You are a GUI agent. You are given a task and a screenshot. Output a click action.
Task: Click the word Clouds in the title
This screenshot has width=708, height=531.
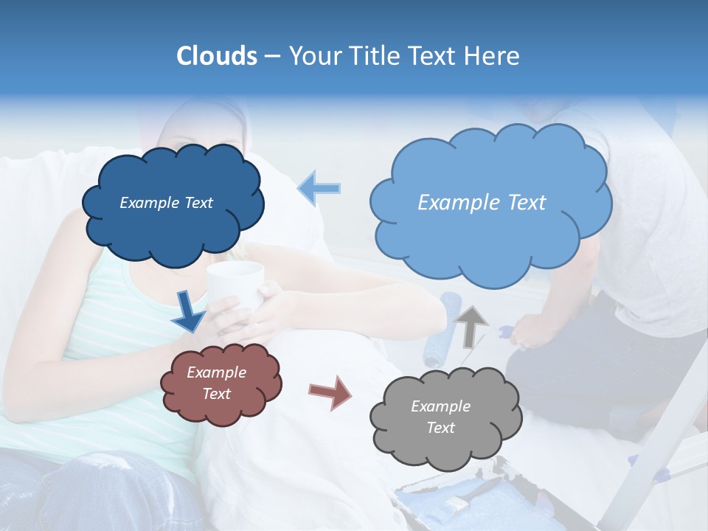pyautogui.click(x=217, y=56)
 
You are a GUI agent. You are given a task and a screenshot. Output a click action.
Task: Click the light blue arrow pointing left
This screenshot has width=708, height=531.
pyautogui.click(x=319, y=188)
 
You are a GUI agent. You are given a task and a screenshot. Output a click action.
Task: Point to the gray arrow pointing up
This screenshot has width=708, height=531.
pyautogui.click(x=471, y=325)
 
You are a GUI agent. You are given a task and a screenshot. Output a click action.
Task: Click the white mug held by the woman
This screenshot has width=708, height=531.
pyautogui.click(x=235, y=283)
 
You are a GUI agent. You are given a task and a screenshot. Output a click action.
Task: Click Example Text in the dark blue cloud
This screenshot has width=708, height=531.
pyautogui.click(x=166, y=203)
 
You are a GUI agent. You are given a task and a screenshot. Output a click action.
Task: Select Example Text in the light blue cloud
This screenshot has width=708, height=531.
pyautogui.click(x=482, y=203)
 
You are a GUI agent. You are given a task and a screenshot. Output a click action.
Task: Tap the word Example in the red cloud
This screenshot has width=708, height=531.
pyautogui.click(x=216, y=372)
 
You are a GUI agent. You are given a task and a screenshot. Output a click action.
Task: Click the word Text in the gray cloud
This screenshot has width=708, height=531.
pyautogui.click(x=440, y=428)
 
